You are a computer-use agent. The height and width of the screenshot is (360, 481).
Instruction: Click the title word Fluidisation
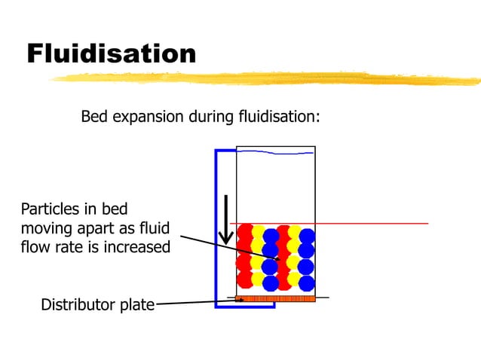pyautogui.click(x=112, y=53)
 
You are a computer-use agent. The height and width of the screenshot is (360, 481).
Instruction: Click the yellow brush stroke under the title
pyautogui.click(x=264, y=78)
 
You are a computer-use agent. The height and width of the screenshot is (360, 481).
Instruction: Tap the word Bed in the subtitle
pyautogui.click(x=94, y=117)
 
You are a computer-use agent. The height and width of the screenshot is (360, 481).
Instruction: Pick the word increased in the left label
pyautogui.click(x=136, y=246)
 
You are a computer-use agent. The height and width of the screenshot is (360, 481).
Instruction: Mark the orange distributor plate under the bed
pyautogui.click(x=275, y=299)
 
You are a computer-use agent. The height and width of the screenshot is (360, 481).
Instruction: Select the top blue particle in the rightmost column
pyautogui.click(x=307, y=236)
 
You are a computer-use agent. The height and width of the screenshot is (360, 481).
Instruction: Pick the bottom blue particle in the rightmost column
pyautogui.click(x=307, y=283)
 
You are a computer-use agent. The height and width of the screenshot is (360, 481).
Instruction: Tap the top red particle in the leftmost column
pyautogui.click(x=245, y=232)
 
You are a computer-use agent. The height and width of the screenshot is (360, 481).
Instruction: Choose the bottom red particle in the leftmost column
pyautogui.click(x=244, y=279)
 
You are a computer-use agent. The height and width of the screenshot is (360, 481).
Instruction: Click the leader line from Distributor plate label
pyautogui.click(x=196, y=303)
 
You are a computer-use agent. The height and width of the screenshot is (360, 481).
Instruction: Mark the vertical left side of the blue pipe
pyautogui.click(x=216, y=226)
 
